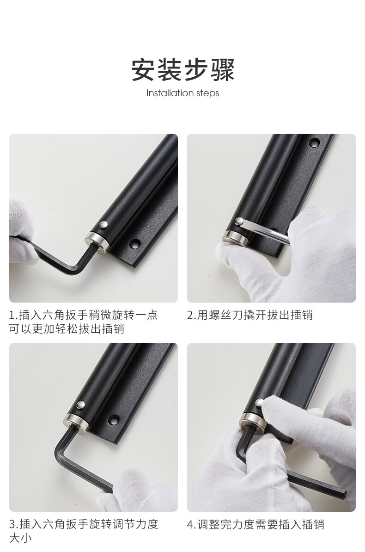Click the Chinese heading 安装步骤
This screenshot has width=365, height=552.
coord(182,70)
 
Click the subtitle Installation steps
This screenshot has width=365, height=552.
coord(182,93)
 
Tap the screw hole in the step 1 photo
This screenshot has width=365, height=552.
coord(134,243)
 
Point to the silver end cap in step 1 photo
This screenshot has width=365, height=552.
coord(96,242)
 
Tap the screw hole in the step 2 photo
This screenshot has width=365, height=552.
coord(314,143)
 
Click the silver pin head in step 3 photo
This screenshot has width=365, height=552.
coord(81,405)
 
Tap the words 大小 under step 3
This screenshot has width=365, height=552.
coord(20,539)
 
